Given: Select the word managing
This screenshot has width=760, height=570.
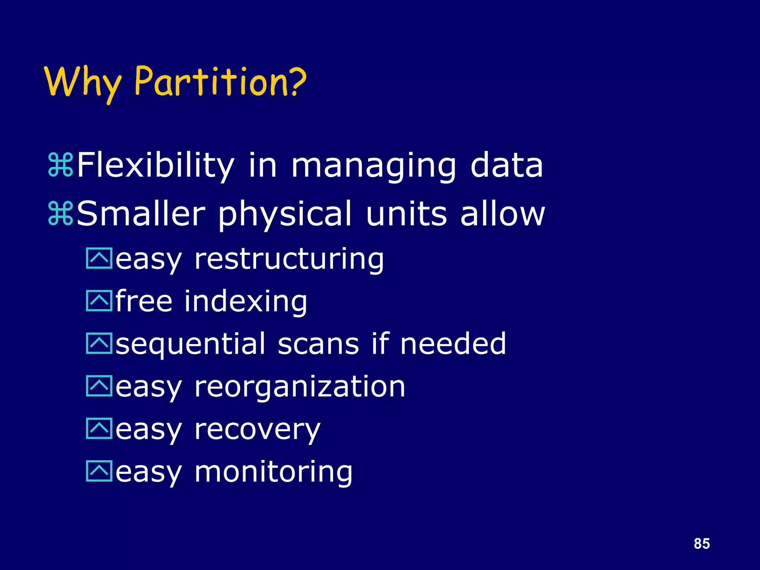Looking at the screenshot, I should click(373, 166).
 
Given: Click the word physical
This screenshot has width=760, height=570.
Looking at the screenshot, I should click(285, 214).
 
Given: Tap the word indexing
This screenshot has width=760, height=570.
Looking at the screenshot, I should click(246, 301).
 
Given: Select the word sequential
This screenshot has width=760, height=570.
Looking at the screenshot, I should click(191, 344).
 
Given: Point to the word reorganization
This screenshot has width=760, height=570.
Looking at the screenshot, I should click(300, 387).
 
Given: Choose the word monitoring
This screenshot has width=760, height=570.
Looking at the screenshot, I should click(273, 472).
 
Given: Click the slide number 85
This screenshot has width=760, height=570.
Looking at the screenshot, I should click(701, 544).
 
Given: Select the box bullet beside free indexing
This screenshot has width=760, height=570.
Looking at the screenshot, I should click(99, 301).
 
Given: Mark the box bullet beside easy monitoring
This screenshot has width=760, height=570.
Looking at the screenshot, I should click(99, 471).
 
